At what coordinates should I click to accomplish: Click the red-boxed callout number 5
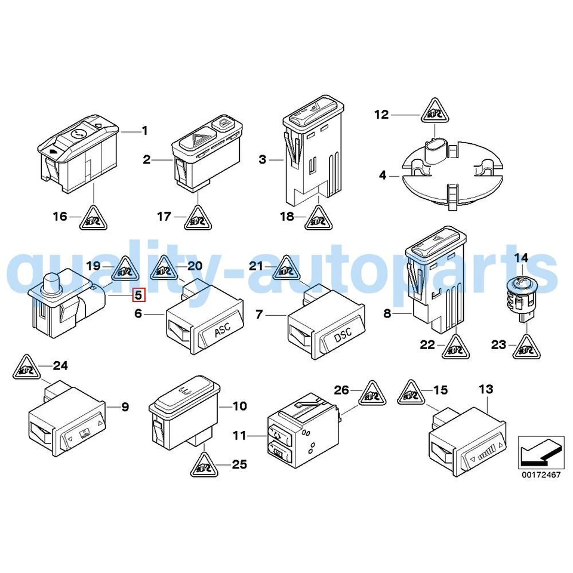[138, 294]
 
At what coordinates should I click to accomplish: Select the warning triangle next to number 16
[94, 218]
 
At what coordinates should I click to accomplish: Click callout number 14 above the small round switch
[522, 258]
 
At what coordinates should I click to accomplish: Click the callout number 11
[239, 436]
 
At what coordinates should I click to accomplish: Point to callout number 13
[486, 389]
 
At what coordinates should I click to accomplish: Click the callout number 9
[125, 408]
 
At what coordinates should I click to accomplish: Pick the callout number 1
[144, 130]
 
